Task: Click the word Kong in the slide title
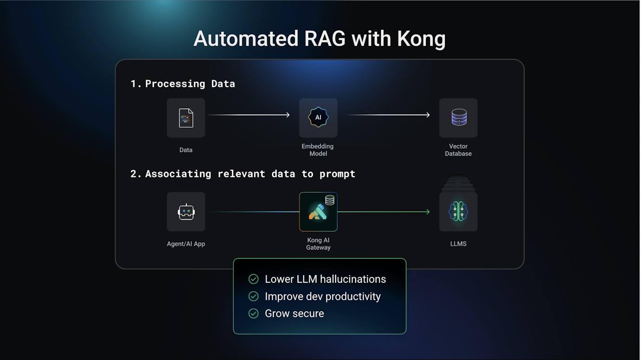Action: pyautogui.click(x=421, y=39)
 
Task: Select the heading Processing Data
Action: pyautogui.click(x=190, y=84)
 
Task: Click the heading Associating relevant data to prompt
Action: pyautogui.click(x=250, y=174)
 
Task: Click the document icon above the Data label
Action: pyautogui.click(x=186, y=118)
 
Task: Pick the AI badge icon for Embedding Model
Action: pyautogui.click(x=318, y=118)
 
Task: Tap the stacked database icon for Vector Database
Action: pyautogui.click(x=458, y=118)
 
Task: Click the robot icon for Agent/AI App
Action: pyautogui.click(x=186, y=212)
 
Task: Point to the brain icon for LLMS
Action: pyautogui.click(x=458, y=212)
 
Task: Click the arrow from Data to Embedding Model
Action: pyautogui.click(x=249, y=115)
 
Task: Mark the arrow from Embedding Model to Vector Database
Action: pyautogui.click(x=388, y=115)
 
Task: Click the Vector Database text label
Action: pyautogui.click(x=458, y=150)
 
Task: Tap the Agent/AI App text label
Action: pyautogui.click(x=186, y=244)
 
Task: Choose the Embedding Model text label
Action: pyautogui.click(x=318, y=150)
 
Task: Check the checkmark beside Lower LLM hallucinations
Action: pyautogui.click(x=254, y=279)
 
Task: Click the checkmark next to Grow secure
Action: pyautogui.click(x=254, y=314)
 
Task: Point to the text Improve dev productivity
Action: pyautogui.click(x=322, y=296)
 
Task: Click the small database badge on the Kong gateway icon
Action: pyautogui.click(x=330, y=200)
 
